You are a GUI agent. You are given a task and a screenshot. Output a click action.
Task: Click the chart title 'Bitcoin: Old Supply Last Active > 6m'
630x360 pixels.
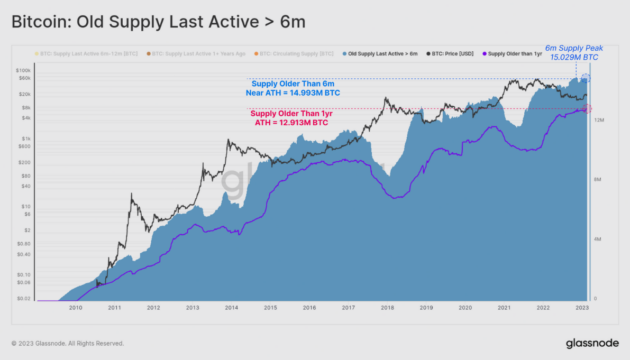pos(158,22)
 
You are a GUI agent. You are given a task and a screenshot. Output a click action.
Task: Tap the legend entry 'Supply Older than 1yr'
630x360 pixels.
pos(512,53)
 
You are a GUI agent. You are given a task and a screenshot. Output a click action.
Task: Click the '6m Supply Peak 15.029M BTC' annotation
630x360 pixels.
pos(574,52)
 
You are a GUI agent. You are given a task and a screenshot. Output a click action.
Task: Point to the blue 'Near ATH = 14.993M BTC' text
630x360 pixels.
pos(293,93)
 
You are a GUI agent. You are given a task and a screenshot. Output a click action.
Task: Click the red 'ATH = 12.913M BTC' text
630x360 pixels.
pos(291,123)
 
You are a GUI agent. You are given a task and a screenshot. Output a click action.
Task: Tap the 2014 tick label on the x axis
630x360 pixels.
pos(231,308)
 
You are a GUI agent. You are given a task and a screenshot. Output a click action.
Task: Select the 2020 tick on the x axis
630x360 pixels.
pos(465,308)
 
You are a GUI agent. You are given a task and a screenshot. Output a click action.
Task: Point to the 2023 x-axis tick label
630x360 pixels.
pos(582,308)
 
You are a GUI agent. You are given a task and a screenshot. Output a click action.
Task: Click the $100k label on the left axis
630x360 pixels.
pos(24,70)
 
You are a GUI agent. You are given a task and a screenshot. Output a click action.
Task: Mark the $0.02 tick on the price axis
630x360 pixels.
pos(24,299)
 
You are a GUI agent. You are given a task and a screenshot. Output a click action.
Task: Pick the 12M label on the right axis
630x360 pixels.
pos(599,121)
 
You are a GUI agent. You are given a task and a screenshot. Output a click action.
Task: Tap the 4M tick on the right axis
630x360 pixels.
pos(599,239)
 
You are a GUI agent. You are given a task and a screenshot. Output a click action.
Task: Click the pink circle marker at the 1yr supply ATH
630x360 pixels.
pos(586,108)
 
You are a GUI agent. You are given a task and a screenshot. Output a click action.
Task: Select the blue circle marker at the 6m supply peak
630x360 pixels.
pos(585,78)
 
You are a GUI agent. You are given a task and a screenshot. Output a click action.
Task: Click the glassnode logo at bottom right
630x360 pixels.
pos(592,343)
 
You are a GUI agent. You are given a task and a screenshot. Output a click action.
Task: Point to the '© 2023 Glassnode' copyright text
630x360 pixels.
pos(68,344)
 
